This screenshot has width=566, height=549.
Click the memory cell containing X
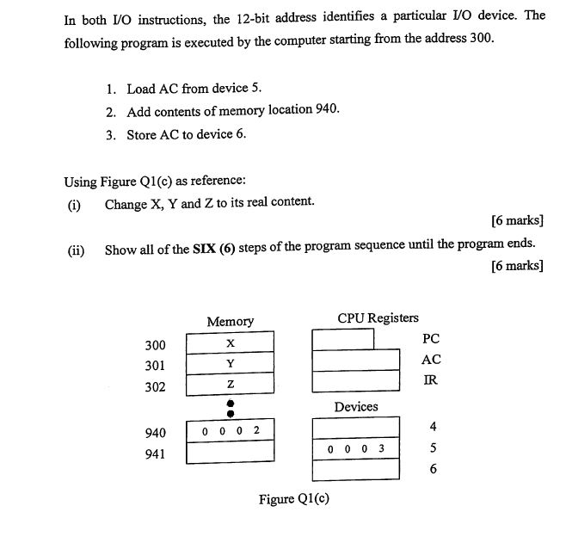click(x=230, y=342)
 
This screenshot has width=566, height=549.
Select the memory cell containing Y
click(x=230, y=363)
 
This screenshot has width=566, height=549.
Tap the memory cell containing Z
click(x=230, y=384)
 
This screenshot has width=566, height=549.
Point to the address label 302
click(x=155, y=387)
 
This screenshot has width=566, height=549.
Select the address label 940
click(x=155, y=433)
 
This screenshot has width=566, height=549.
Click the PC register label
click(x=431, y=339)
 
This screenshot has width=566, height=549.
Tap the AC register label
click(x=431, y=360)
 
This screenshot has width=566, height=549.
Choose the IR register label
click(x=431, y=380)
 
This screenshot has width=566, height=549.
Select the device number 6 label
click(x=433, y=470)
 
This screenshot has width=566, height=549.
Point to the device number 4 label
click(x=433, y=427)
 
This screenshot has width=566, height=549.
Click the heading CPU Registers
click(x=378, y=318)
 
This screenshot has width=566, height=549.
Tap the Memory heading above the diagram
click(x=230, y=322)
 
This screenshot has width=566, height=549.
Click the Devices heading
click(x=356, y=406)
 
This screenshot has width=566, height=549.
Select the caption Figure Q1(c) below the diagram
click(x=295, y=499)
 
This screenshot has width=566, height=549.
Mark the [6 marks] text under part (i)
click(x=517, y=220)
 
